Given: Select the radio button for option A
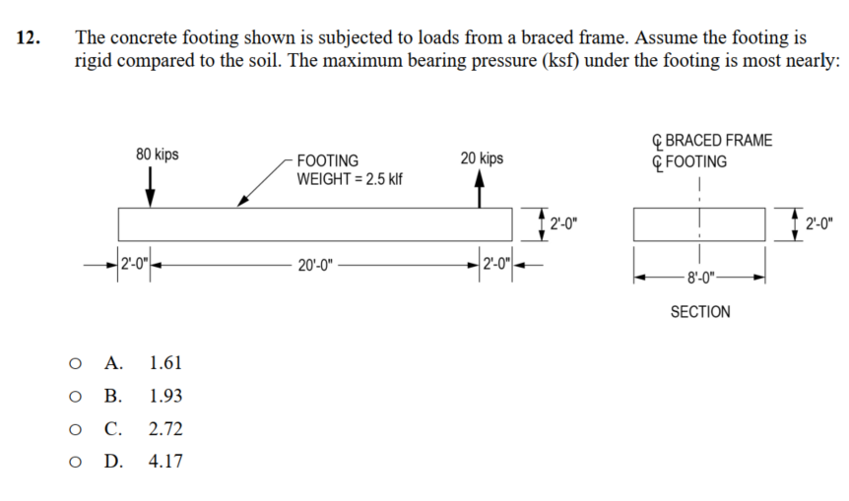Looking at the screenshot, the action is point(75,363).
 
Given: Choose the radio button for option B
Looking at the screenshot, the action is point(75,397).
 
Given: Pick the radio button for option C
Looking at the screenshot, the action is point(75,429).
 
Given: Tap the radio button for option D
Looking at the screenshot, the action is point(75,462).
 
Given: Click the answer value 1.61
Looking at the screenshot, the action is point(165,363).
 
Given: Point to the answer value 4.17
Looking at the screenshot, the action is point(165,462).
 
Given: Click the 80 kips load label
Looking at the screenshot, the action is point(157,155).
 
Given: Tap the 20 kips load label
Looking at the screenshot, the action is point(481,157).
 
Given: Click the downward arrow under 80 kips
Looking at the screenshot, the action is point(150,186).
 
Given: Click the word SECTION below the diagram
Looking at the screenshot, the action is point(700,312).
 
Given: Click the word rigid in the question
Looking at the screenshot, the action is point(95,60).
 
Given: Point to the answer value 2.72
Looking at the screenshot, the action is point(165,429).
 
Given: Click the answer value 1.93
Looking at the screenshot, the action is point(165,397).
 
